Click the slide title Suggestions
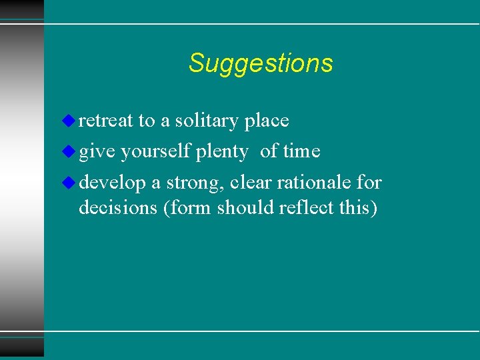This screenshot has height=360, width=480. point(260,63)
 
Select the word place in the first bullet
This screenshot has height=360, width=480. point(267,121)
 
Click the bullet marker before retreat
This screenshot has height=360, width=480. point(70,121)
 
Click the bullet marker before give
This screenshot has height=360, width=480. point(70,151)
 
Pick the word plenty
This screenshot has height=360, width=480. point(222,152)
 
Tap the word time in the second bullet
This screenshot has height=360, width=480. point(301,151)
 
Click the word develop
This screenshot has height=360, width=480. point(112,183)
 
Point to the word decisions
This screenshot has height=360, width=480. point(118,208)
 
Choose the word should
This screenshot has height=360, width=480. point(245,208)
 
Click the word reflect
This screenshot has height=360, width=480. point(307,208)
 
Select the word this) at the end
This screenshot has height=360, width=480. point(358,208)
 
